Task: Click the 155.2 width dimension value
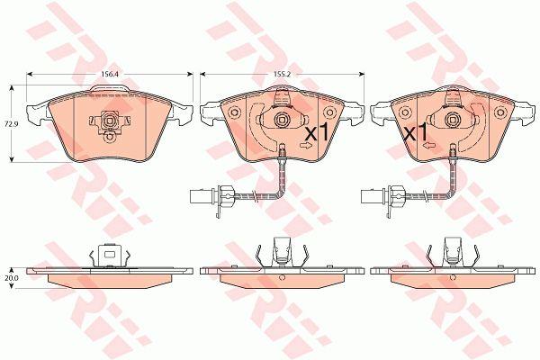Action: click(x=281, y=74)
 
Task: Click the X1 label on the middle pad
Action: click(x=318, y=132)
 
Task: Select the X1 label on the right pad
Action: click(x=415, y=132)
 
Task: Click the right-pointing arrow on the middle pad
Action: click(x=306, y=146)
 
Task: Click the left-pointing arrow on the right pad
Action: click(x=428, y=146)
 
